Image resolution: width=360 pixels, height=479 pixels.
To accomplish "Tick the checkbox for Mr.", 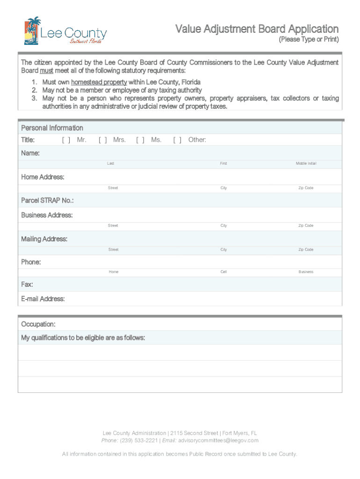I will coord(66,140).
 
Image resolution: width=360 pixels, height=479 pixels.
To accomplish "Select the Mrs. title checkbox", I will coord(103,140).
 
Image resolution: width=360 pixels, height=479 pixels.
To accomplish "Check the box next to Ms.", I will coord(140,140).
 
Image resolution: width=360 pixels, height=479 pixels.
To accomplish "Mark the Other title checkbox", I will coord(177,140).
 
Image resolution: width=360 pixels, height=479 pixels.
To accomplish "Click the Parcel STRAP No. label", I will coord(47,201).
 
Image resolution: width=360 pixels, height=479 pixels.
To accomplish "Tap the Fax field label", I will coord(27,284).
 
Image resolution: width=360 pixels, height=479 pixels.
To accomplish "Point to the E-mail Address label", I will coord(43,299).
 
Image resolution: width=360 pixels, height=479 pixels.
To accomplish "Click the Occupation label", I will coord(38,324).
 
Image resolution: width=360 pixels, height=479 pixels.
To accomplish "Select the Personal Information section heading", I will coord(52,128).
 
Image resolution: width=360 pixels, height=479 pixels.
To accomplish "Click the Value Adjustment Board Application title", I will coord(257,29).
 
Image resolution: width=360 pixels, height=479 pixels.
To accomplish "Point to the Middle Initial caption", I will coord(306,164).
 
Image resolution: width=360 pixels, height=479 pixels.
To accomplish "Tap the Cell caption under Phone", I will coord(223,272).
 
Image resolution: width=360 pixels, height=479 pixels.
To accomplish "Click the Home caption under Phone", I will coord(114,272).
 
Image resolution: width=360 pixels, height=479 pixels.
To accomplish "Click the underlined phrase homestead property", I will coord(99,82).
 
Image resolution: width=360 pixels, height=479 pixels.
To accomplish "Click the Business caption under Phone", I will coord(306,272).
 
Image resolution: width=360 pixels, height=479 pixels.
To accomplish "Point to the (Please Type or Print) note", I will coord(309,39).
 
